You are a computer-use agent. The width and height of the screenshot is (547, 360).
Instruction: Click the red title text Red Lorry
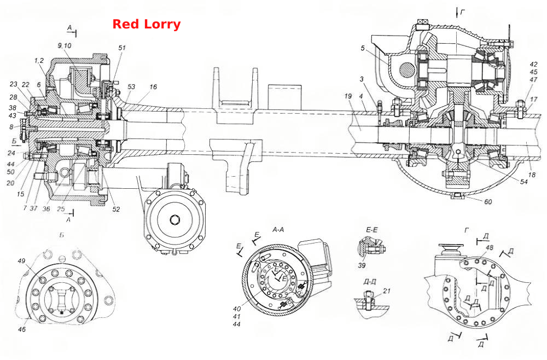point(146,24)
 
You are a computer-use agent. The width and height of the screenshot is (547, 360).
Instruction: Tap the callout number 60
point(488,202)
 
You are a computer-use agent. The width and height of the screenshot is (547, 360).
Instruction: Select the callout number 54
point(523,182)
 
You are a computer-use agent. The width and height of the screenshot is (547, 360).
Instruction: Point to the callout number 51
point(121,48)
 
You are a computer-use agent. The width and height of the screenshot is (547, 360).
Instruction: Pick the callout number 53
point(131,86)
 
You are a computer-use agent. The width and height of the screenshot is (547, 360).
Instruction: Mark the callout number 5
point(363,48)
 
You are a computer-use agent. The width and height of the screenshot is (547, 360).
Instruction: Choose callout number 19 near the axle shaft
point(348,96)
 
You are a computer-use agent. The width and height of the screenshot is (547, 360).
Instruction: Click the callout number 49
point(22,260)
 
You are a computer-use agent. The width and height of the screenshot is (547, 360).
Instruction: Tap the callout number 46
point(22,329)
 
